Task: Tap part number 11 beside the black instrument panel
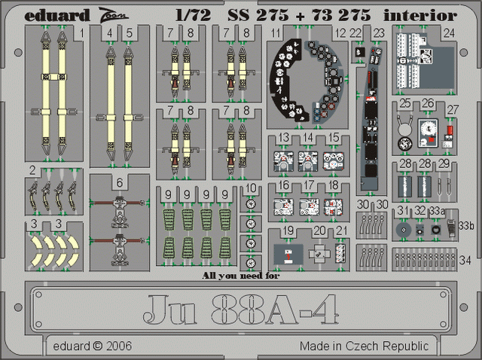click(277, 33)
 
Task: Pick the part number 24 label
click(449, 32)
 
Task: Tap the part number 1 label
click(81, 33)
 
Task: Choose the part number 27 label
click(452, 110)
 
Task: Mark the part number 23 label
click(379, 32)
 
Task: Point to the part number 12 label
click(341, 33)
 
